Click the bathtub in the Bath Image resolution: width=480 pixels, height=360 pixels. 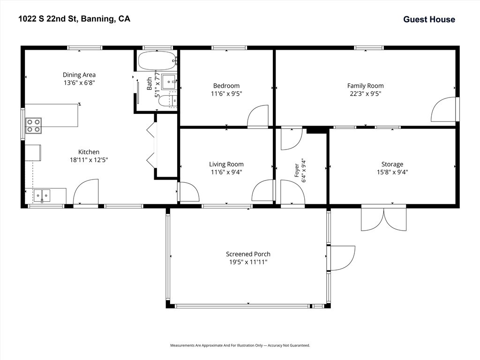pyautogui.click(x=157, y=60)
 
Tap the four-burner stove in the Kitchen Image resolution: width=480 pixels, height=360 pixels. pyautogui.click(x=33, y=126)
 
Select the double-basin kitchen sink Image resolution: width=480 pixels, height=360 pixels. pyautogui.click(x=42, y=195)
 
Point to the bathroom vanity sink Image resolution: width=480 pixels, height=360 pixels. pyautogui.click(x=169, y=82)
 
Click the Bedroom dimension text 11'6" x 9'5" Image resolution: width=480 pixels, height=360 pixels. pyautogui.click(x=226, y=94)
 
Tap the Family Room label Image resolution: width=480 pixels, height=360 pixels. pyautogui.click(x=365, y=86)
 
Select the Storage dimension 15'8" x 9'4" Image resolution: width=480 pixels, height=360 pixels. pyautogui.click(x=392, y=172)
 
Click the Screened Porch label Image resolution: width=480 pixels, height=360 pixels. pyautogui.click(x=248, y=254)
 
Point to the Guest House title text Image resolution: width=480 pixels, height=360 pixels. pyautogui.click(x=429, y=19)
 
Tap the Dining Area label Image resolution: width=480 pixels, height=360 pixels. pyautogui.click(x=79, y=75)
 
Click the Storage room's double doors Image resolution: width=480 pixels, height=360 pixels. pyautogui.click(x=384, y=219)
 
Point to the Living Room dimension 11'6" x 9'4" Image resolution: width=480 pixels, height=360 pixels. pyautogui.click(x=226, y=172)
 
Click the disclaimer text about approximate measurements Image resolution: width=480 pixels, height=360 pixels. pyautogui.click(x=240, y=345)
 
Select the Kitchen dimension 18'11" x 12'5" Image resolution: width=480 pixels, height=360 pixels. pyautogui.click(x=89, y=160)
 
